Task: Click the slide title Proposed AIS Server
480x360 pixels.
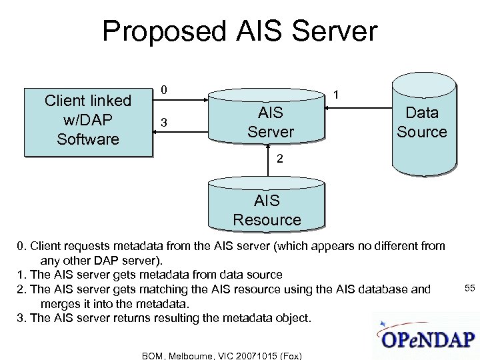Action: pyautogui.click(x=239, y=31)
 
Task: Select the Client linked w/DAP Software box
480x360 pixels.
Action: pyautogui.click(x=88, y=121)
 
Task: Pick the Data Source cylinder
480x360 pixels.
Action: pyautogui.click(x=422, y=123)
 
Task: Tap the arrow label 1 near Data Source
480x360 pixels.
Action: pyautogui.click(x=339, y=95)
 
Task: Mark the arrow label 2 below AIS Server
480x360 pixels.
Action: pyautogui.click(x=281, y=160)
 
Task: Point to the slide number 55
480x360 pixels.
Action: pyautogui.click(x=469, y=287)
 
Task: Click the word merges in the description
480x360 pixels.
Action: pyautogui.click(x=58, y=303)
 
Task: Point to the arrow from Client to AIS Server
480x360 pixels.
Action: pyautogui.click(x=180, y=101)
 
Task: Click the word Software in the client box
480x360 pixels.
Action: pyautogui.click(x=88, y=139)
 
